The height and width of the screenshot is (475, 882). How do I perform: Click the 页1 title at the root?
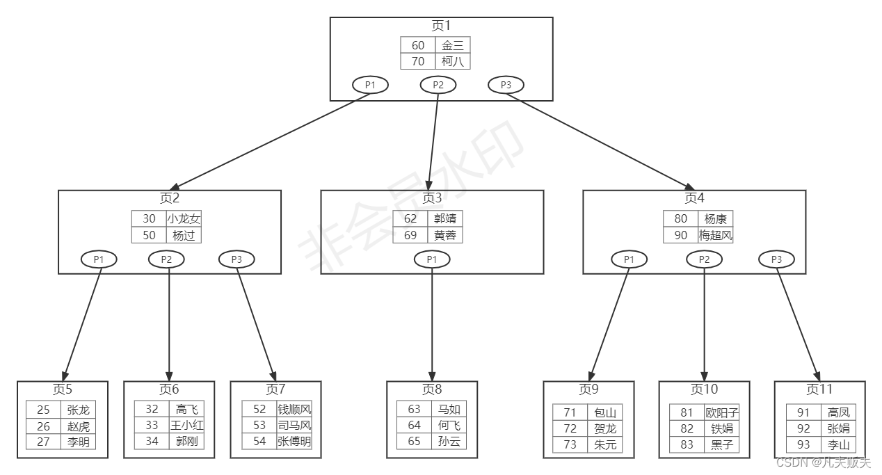tap(441, 26)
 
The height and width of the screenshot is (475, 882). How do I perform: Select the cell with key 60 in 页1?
tap(418, 45)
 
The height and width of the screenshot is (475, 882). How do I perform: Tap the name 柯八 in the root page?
tap(453, 61)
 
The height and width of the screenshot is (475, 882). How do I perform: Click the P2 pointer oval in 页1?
tap(438, 85)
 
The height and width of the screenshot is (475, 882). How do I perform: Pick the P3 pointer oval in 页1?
tap(506, 85)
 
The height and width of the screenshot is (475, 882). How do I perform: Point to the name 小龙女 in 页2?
tap(184, 218)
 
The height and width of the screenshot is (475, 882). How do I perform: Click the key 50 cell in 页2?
tap(149, 235)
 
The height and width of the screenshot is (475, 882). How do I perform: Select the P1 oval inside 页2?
tap(99, 259)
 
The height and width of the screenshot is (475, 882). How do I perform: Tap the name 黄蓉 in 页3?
tap(444, 235)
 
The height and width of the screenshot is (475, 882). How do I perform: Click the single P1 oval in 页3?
tap(432, 259)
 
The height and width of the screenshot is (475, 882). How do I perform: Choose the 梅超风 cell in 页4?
tap(716, 235)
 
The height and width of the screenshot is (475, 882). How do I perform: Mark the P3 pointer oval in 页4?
tap(776, 259)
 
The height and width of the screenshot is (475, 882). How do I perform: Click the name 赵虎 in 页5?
tap(78, 426)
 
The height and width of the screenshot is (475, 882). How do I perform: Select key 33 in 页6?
tap(152, 425)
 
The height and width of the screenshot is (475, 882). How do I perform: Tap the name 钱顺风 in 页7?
tap(294, 409)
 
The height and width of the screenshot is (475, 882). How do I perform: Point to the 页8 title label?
tap(432, 389)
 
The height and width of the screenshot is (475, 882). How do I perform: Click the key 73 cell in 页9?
tap(570, 445)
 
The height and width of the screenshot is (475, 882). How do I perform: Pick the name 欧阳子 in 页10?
tap(721, 412)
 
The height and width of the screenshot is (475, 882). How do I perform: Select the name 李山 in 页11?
tap(838, 445)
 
